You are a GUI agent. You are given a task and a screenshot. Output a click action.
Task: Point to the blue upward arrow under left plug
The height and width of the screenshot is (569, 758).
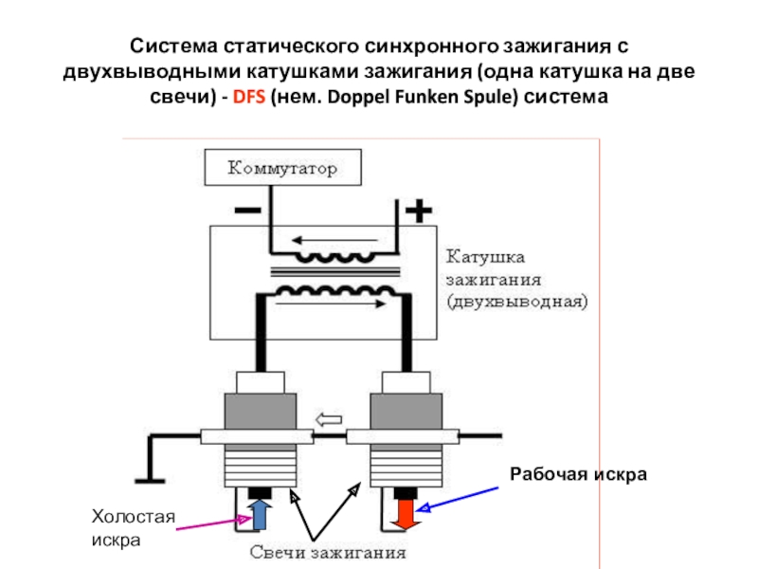tap(261, 513)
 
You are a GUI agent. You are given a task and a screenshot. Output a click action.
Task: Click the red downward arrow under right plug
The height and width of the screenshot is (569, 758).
tap(405, 513)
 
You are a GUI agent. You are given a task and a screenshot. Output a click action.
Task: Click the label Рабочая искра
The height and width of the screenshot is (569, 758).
tap(578, 473)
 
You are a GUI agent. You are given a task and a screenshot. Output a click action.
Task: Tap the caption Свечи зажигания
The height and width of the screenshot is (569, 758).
tap(328, 551)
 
